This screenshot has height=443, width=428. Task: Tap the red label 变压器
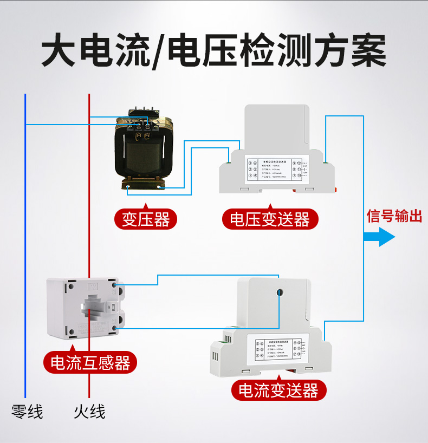click(x=146, y=219)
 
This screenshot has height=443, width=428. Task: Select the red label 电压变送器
click(x=270, y=219)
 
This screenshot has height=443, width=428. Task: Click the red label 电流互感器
click(x=90, y=362)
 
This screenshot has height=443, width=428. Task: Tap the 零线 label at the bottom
click(x=27, y=412)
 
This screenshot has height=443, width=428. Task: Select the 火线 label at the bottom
click(x=89, y=412)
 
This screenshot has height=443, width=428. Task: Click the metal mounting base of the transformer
click(x=142, y=184)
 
